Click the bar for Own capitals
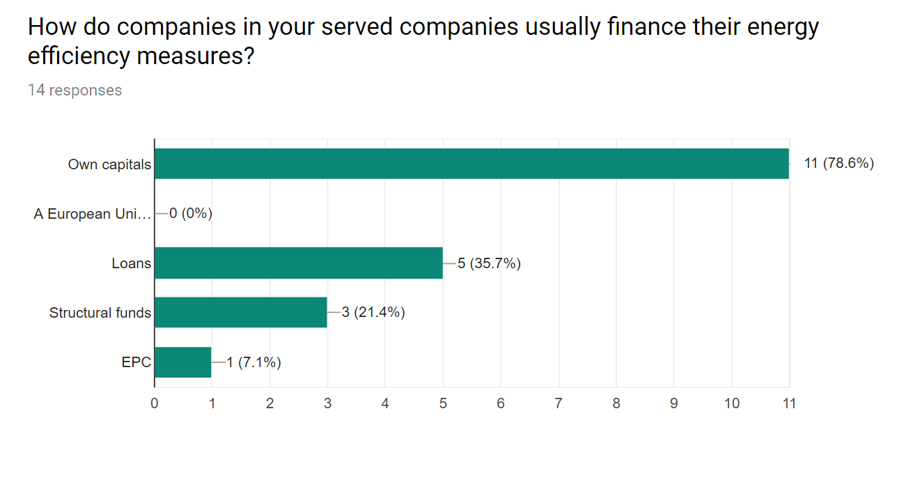(x=471, y=164)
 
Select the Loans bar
(x=298, y=263)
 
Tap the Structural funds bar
(x=240, y=312)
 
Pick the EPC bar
(x=182, y=362)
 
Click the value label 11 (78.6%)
(x=838, y=164)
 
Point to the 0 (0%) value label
(x=190, y=213)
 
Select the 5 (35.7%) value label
(x=489, y=263)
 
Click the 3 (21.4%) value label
(x=373, y=312)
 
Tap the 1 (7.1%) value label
(x=253, y=362)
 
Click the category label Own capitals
(x=109, y=164)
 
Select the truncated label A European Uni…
(x=92, y=214)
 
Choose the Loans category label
(x=131, y=263)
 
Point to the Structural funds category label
(x=100, y=313)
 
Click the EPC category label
(x=136, y=362)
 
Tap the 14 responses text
(x=75, y=91)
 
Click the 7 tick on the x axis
(x=558, y=403)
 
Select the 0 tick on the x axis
(x=154, y=403)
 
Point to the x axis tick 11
(x=788, y=403)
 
